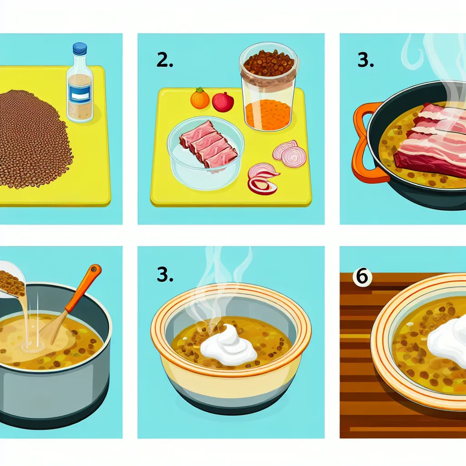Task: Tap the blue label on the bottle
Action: click(x=80, y=96)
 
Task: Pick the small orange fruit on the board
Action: click(x=200, y=99)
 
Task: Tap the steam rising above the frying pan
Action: click(x=437, y=59)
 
